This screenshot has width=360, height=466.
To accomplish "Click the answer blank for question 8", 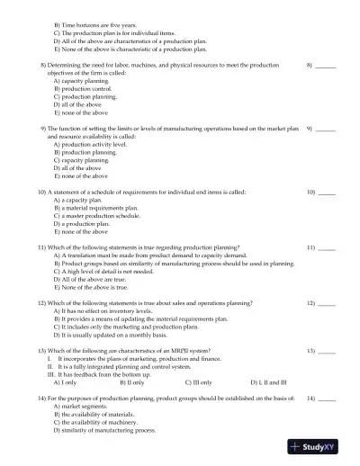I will coord(326,67).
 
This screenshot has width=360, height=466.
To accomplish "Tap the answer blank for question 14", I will coord(327,398).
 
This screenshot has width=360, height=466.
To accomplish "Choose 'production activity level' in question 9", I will coord(90,145).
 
